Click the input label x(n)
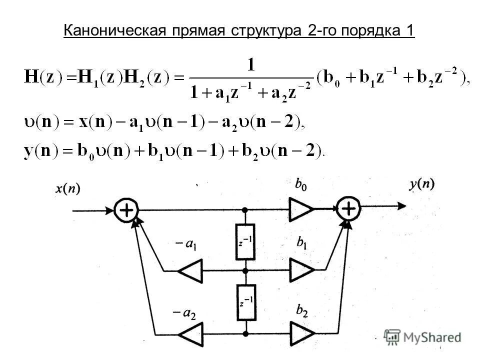[x=67, y=189]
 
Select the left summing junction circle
[x=126, y=210]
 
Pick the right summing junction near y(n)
[x=348, y=208]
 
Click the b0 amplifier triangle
[x=300, y=209]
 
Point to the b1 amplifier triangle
[x=301, y=270]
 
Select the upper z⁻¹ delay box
[x=245, y=241]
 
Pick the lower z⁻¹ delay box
[x=245, y=302]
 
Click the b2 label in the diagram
[x=301, y=311]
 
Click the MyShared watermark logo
[x=422, y=336]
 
